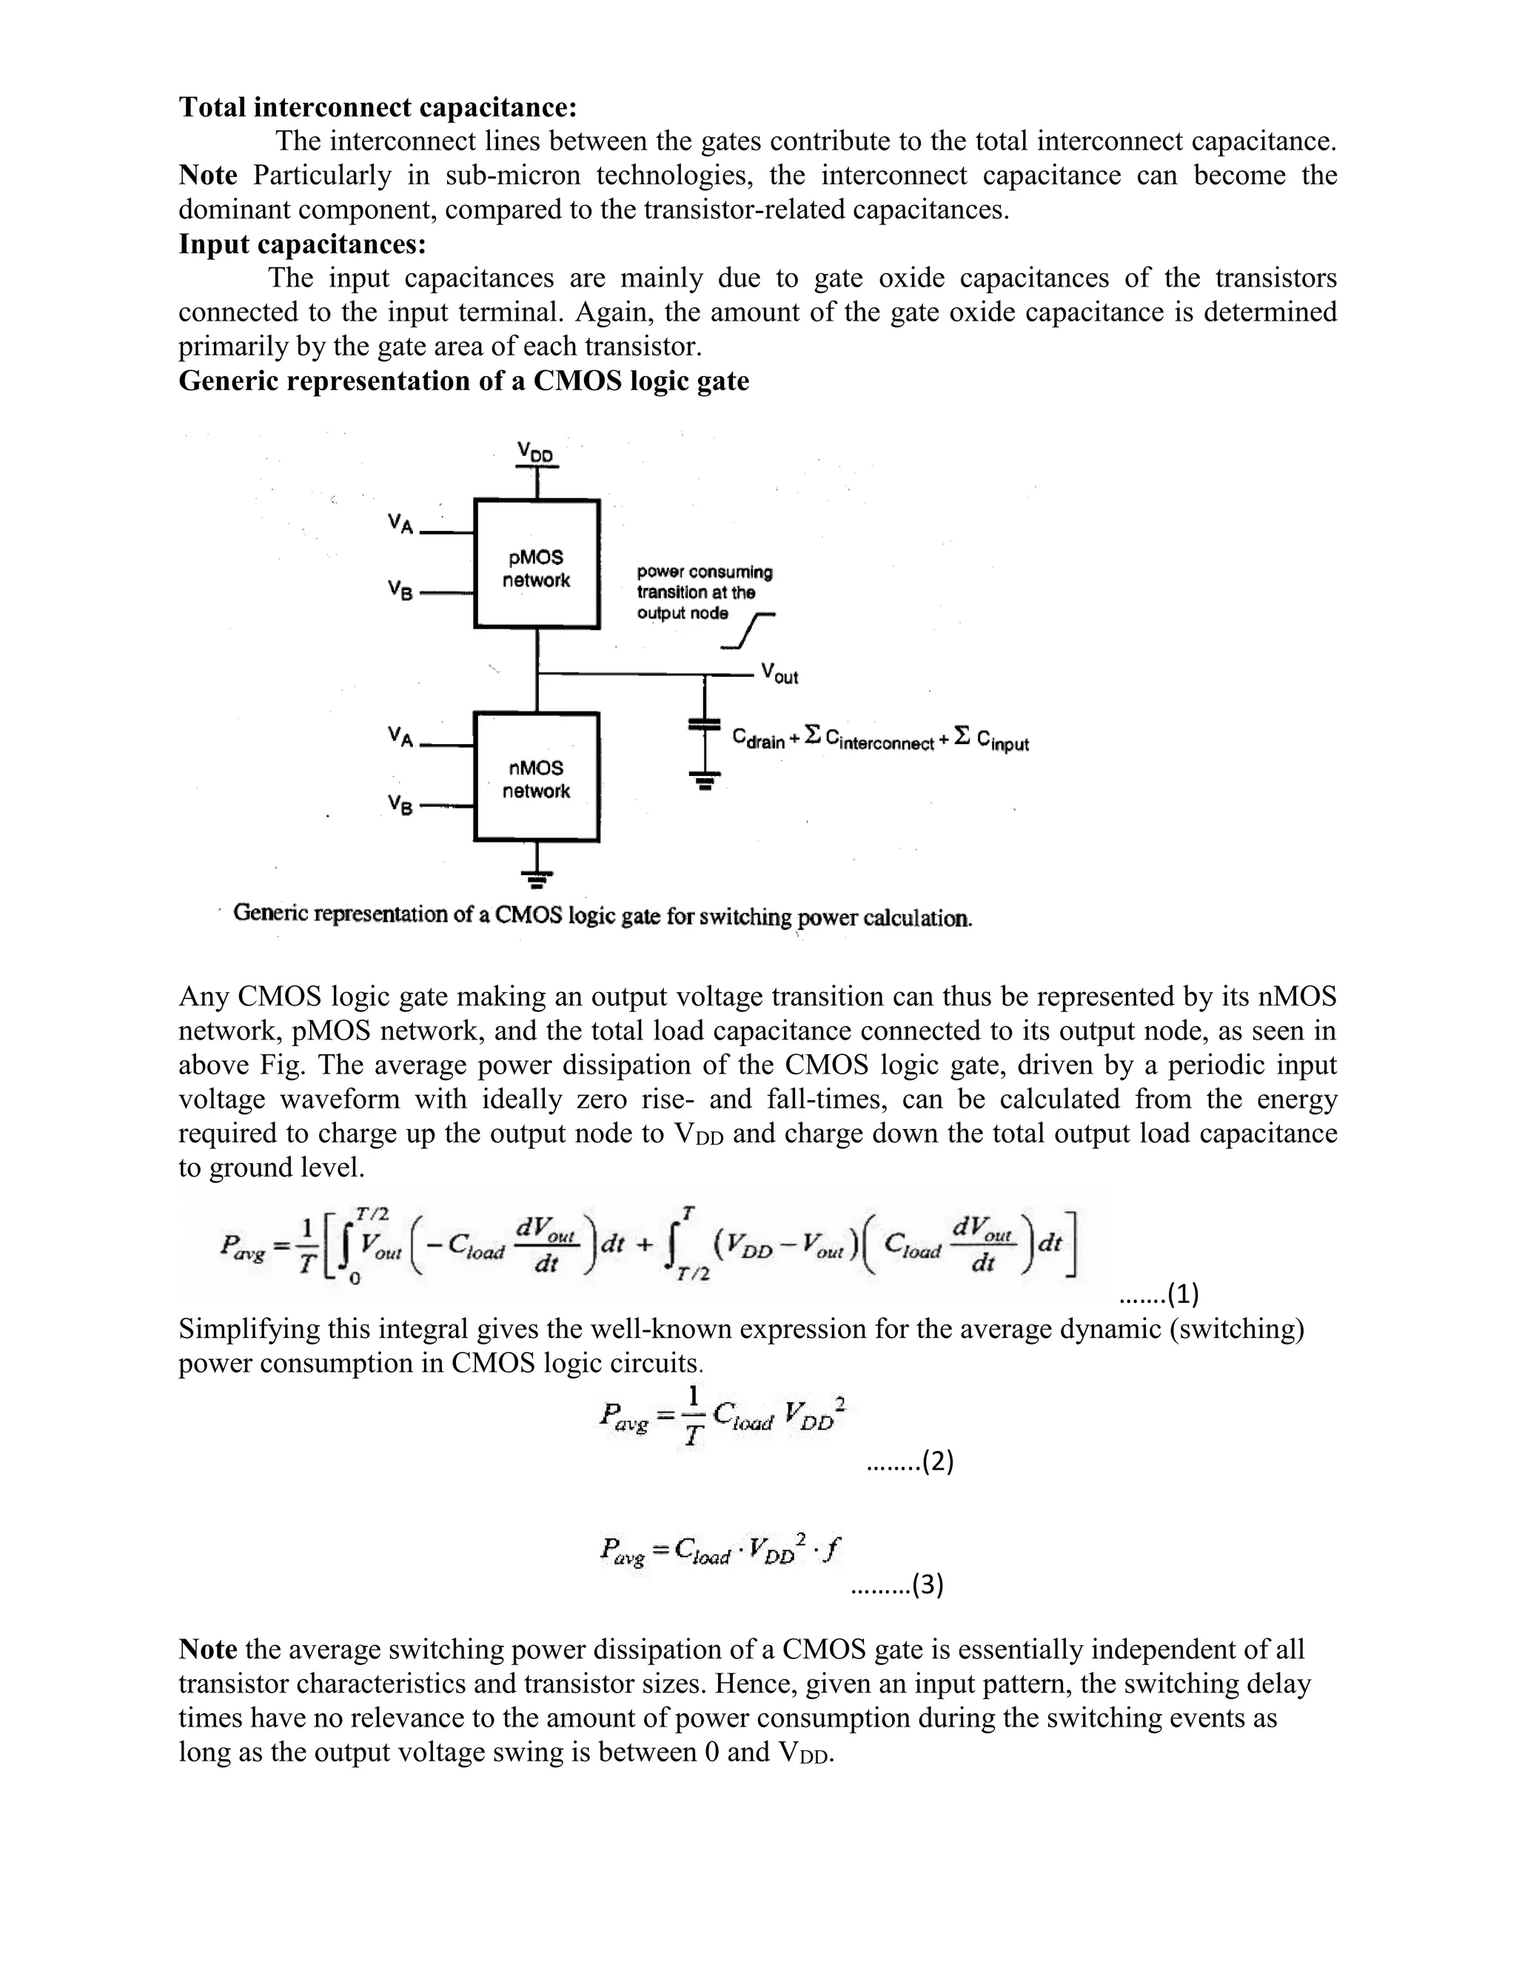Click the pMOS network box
point(536,564)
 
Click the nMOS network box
point(536,777)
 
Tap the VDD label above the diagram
point(535,451)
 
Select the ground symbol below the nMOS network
point(537,877)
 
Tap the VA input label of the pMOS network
point(400,523)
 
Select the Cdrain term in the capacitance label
point(758,740)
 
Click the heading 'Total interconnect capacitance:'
point(378,107)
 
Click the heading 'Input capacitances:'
point(302,244)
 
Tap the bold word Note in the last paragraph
point(207,1650)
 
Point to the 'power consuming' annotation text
point(704,572)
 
